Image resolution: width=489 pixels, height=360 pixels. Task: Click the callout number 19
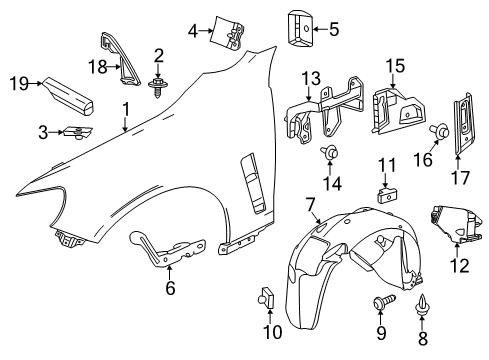[x=15, y=83]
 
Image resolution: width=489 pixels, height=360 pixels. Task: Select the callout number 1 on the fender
[x=125, y=108]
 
